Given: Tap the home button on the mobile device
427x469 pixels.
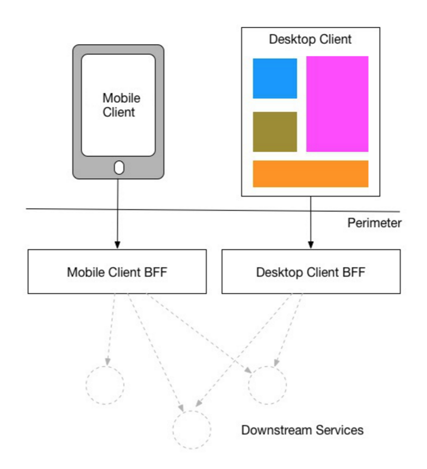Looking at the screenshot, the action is pos(119,168).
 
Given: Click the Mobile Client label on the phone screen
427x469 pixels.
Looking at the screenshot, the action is pos(121,105).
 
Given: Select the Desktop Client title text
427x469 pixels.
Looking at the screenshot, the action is pos(310,39).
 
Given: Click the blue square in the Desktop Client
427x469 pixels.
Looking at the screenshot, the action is pos(275,79).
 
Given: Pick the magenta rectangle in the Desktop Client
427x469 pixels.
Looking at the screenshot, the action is pos(337,104).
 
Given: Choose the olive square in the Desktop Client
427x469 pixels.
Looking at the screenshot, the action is pos(275,132).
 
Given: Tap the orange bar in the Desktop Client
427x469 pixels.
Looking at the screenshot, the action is pos(310,174).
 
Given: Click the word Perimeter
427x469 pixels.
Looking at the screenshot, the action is pos(374,223).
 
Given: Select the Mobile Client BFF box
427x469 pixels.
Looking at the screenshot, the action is pos(117,271).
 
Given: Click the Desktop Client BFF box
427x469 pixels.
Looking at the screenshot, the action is pos(311,271).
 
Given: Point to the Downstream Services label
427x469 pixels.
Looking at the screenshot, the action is pos(302,430).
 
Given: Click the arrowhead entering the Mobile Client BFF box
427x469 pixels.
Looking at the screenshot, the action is pos(118,245).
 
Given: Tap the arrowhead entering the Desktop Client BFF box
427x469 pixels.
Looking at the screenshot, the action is pos(311,245).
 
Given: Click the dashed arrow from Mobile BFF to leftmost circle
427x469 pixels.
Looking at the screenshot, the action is pos(111,329).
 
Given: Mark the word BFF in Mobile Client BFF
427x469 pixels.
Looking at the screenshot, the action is pos(156,272).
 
